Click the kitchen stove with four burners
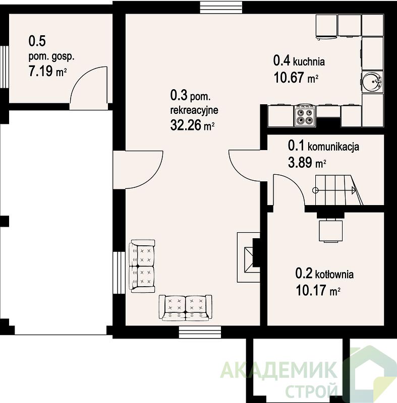coord(305,116)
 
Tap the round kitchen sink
coord(372,82)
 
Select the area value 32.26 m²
coord(193,125)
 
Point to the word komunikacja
coord(333,147)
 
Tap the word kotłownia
coord(334,275)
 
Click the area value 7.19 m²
coord(47,71)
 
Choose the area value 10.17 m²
coord(318,291)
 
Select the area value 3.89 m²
coord(307,162)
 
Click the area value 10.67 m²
coord(296,77)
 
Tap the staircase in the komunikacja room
coord(337,190)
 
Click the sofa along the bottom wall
coord(186,308)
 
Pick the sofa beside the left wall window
coord(142,266)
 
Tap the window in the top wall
coord(221,7)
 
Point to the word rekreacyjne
coord(194,110)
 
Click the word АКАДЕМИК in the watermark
coord(278,370)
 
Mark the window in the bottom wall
coord(200,332)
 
